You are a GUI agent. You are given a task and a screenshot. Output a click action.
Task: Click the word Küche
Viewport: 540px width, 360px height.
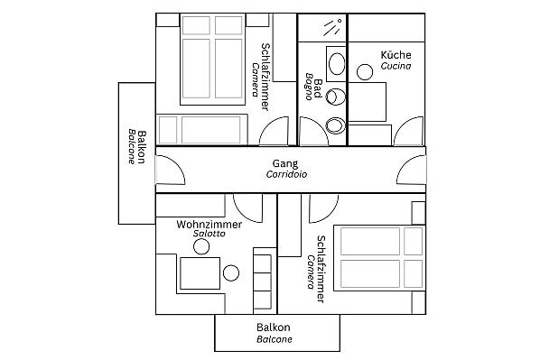click(x=396, y=55)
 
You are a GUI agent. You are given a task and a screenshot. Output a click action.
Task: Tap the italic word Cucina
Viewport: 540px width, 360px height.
click(x=396, y=66)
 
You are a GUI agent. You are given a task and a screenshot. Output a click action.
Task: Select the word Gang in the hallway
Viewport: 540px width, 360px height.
click(x=285, y=164)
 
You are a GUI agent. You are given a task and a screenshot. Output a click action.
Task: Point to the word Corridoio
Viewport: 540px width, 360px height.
click(x=286, y=174)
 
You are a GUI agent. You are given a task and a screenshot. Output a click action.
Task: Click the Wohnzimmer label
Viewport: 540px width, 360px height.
click(x=209, y=225)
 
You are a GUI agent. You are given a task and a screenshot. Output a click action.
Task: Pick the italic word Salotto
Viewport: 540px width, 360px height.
click(x=209, y=234)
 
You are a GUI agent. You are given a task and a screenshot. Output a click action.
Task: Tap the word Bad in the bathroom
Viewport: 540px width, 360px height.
click(x=318, y=88)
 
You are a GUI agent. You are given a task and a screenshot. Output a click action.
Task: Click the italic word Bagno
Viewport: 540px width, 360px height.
click(x=309, y=87)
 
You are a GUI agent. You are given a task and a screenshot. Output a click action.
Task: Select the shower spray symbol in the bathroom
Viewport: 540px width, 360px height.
click(x=332, y=28)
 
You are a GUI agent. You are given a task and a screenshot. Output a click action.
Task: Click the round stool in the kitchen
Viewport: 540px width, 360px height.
click(x=365, y=72)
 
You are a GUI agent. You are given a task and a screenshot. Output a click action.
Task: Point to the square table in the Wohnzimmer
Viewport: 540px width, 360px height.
click(x=200, y=273)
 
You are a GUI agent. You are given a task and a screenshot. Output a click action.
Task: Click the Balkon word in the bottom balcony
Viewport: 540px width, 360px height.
click(x=274, y=327)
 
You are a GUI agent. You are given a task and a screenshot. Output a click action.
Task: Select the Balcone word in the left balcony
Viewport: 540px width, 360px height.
click(x=132, y=146)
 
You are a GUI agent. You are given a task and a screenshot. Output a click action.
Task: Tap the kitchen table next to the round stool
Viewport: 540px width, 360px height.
click(x=368, y=102)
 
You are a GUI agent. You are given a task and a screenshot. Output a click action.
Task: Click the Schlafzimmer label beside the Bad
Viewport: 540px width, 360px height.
click(x=265, y=77)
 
